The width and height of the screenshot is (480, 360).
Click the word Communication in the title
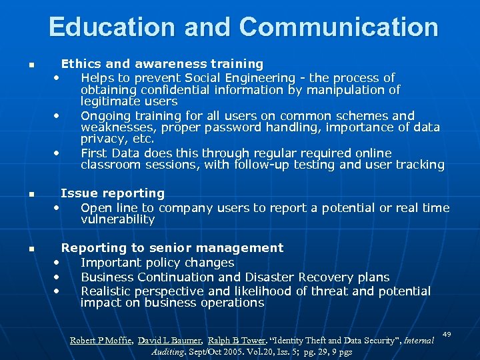[x=339, y=27]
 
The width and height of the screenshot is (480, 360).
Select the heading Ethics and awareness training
[x=162, y=64]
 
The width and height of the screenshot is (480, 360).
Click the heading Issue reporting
[x=113, y=193]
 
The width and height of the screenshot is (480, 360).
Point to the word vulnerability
[x=117, y=219]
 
